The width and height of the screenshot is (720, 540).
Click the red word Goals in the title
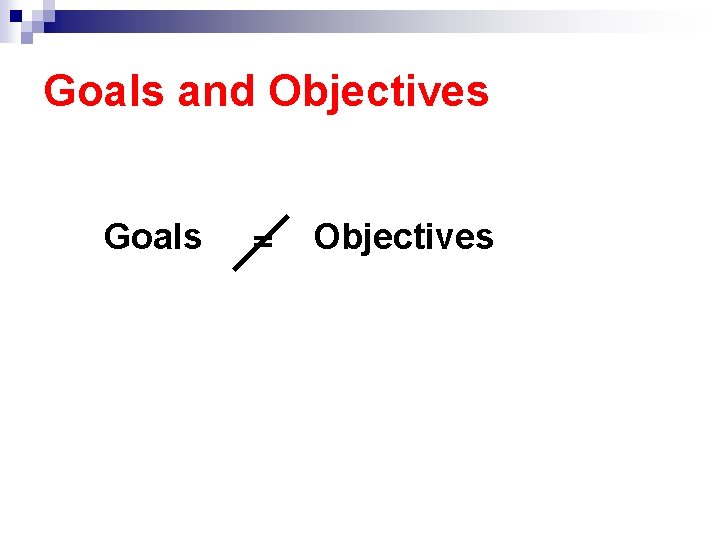click(106, 91)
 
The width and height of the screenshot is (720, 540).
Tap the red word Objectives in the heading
click(379, 91)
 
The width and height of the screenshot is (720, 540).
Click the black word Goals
click(152, 237)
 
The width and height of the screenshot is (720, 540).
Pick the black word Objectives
click(403, 237)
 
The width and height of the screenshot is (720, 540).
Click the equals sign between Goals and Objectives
click(262, 241)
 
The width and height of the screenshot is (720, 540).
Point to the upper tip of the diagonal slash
click(288, 215)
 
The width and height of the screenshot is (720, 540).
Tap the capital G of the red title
click(60, 91)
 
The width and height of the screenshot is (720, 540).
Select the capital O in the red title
click(286, 91)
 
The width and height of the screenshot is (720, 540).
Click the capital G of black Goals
click(118, 237)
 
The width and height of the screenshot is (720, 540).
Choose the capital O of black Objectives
click(328, 237)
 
